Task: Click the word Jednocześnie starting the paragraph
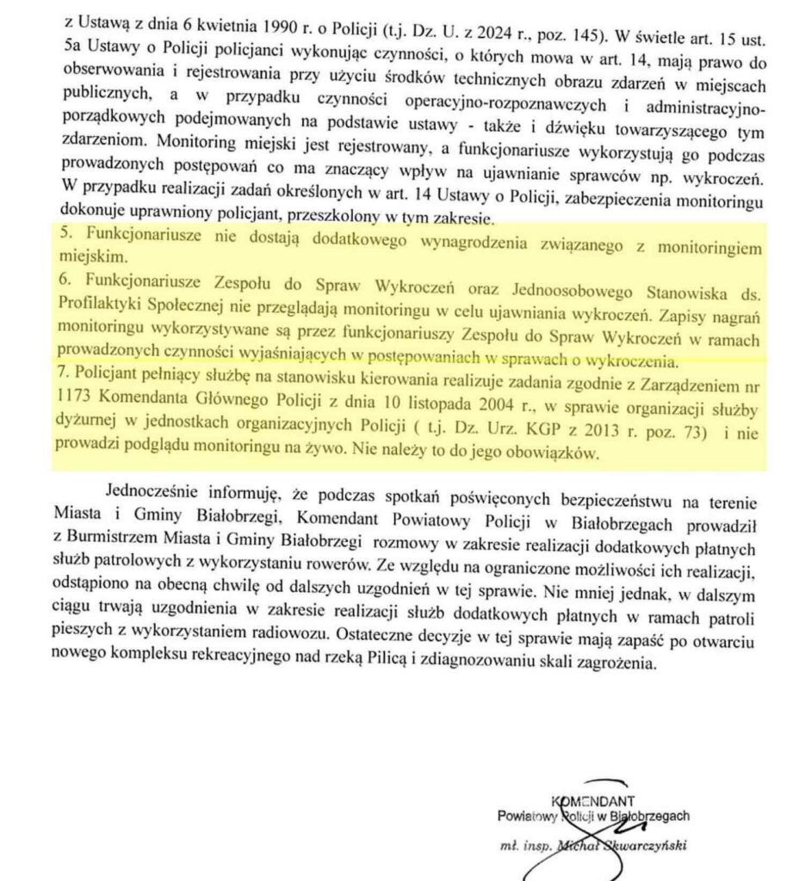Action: point(154,494)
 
